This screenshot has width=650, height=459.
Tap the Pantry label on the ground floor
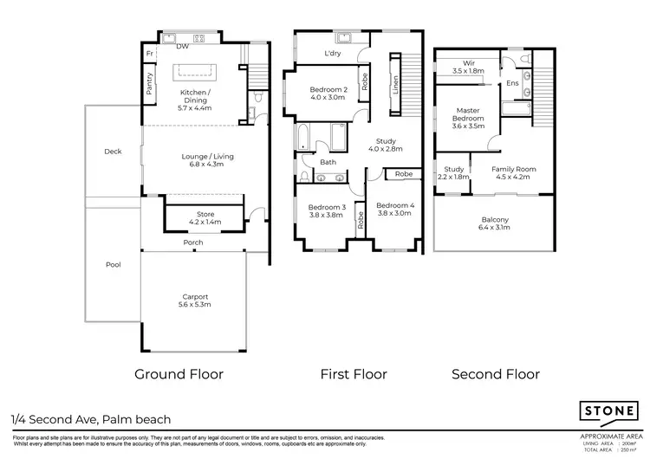pos(149,84)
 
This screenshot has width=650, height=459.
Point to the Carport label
pos(195,300)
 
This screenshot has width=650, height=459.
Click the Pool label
pos(113,265)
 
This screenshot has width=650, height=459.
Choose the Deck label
pos(113,152)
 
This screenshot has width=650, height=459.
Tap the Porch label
pos(192,242)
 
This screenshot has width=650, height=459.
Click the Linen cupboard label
pos(395,84)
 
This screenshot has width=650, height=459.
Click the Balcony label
pos(495,223)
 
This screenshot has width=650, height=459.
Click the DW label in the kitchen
pos(183,47)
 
